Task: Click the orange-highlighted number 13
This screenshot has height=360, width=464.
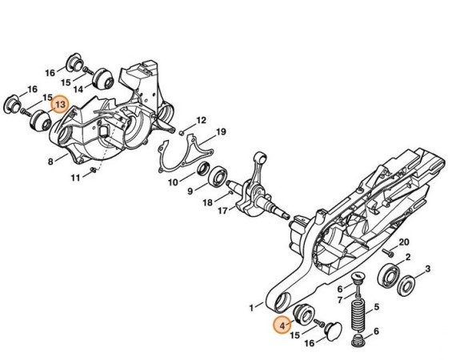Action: point(60,105)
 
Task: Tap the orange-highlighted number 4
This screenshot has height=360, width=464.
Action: point(282,326)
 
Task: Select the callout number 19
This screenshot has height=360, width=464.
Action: point(221,132)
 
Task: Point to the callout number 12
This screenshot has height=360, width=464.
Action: point(201,120)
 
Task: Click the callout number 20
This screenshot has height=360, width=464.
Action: point(404,242)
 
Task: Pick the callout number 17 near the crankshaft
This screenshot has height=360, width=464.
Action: point(223,210)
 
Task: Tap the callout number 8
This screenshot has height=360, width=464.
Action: point(50,162)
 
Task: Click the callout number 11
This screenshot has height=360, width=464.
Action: point(75,178)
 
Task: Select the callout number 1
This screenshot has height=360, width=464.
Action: point(251,308)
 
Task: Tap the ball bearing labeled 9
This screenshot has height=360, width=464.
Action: point(218,177)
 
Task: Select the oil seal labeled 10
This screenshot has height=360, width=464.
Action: point(203,169)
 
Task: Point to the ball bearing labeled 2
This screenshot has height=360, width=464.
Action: point(389,276)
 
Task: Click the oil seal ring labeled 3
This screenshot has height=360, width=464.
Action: point(406,286)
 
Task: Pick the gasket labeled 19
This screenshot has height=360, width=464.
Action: point(186,153)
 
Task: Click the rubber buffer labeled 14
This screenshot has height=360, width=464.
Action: point(103,78)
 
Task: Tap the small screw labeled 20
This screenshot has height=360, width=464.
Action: point(388,253)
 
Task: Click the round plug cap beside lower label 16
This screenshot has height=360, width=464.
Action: point(334,331)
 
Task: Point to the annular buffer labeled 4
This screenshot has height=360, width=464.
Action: point(303,314)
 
